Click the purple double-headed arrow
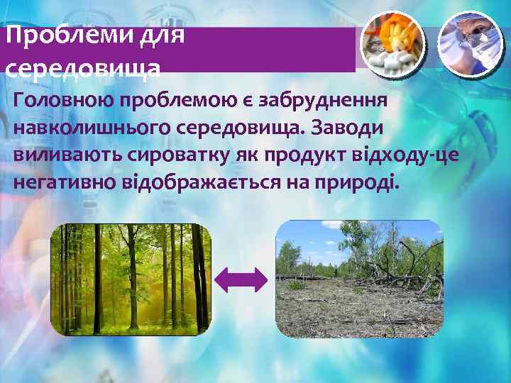pyautogui.click(x=241, y=281)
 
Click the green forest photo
pyautogui.click(x=132, y=279)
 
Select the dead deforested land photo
pyautogui.click(x=359, y=278)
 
